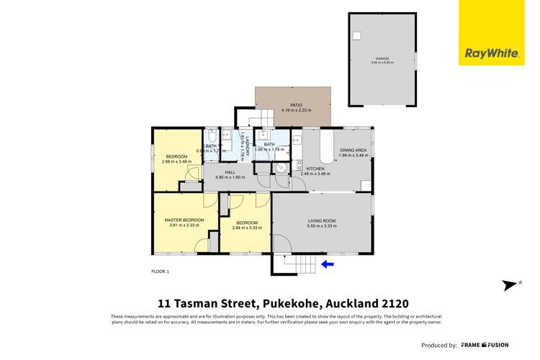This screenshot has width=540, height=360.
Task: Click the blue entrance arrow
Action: pyautogui.click(x=328, y=264)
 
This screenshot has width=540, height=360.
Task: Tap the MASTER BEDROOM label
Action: pyautogui.click(x=184, y=220)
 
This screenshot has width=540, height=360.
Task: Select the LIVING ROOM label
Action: pyautogui.click(x=322, y=221)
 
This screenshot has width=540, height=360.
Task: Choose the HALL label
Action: pyautogui.click(x=230, y=172)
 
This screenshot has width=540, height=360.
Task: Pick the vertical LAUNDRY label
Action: pyautogui.click(x=246, y=145)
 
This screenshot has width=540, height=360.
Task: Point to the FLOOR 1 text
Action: pyautogui.click(x=160, y=271)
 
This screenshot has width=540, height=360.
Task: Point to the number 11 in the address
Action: pyautogui.click(x=164, y=303)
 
